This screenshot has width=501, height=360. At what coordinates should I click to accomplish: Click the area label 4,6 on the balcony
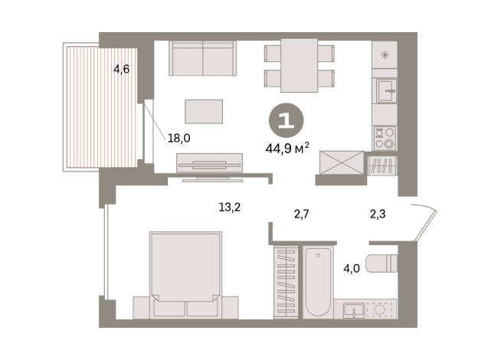pyautogui.click(x=121, y=70)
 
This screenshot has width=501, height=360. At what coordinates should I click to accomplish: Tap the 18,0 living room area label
pyautogui.click(x=178, y=139)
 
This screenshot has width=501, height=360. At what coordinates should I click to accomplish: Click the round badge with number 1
pyautogui.click(x=285, y=121)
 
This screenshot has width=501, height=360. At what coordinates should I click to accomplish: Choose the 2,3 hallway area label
pyautogui.click(x=377, y=215)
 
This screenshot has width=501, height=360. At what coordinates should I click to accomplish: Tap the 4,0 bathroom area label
pyautogui.click(x=352, y=269)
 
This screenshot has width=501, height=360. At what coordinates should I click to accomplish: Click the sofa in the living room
pyautogui.click(x=202, y=57)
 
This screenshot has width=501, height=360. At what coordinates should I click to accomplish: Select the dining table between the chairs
pyautogui.click(x=299, y=64)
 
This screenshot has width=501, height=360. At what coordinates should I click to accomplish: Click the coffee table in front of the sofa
pyautogui.click(x=204, y=111)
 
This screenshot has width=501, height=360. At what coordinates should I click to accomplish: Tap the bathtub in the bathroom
pyautogui.click(x=317, y=281)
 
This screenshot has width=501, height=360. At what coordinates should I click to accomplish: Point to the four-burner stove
pyautogui.click(x=383, y=138)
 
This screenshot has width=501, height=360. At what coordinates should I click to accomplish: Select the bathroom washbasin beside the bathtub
pyautogui.click(x=355, y=309)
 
